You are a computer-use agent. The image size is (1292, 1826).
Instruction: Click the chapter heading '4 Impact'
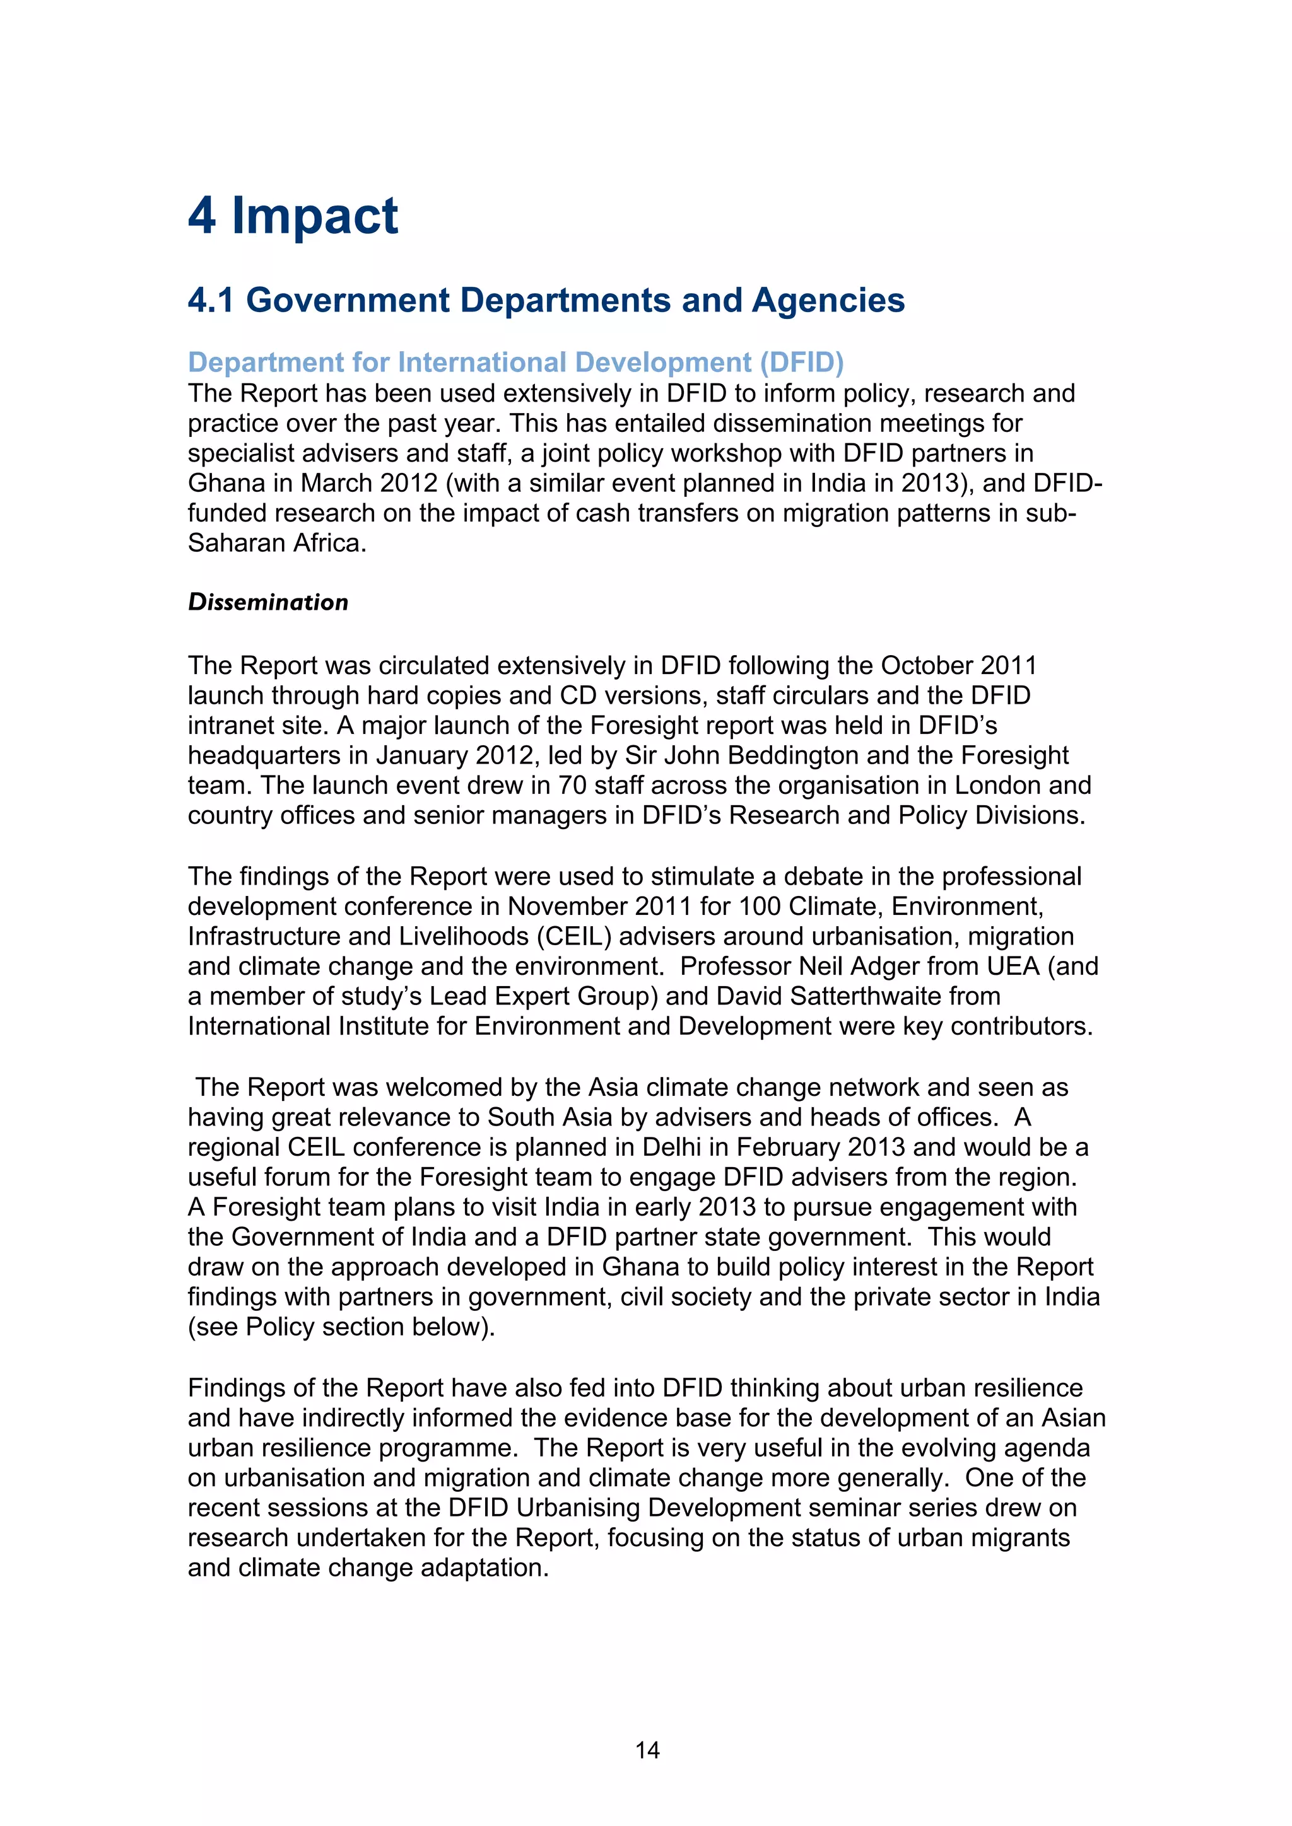(293, 216)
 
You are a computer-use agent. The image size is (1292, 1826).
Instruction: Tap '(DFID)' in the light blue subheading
(801, 363)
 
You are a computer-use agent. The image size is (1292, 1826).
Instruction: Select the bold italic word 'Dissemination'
(268, 602)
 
